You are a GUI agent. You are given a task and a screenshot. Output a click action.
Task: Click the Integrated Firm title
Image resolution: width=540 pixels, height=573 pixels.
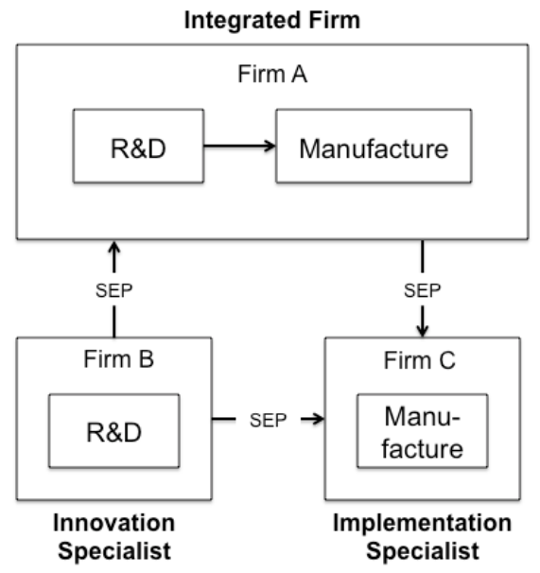coord(272,20)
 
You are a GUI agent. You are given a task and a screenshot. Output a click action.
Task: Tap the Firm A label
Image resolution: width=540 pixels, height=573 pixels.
coord(272,74)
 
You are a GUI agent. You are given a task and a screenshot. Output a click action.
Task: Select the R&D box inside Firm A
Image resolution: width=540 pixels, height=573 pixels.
coord(139,146)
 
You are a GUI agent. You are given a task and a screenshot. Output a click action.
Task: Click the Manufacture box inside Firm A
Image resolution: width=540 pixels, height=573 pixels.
coord(374,146)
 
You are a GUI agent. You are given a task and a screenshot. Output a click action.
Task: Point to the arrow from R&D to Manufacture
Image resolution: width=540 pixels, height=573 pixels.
coord(239,146)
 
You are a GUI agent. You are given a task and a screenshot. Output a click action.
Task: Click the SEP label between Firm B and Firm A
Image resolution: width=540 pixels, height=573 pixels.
coord(114,291)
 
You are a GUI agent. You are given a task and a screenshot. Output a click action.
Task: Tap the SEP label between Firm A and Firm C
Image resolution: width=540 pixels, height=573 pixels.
coord(423,291)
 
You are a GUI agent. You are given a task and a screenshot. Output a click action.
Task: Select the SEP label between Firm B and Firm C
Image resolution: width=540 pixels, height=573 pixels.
coord(268,420)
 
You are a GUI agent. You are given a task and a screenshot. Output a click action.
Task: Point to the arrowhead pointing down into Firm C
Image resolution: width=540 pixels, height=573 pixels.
coord(423,330)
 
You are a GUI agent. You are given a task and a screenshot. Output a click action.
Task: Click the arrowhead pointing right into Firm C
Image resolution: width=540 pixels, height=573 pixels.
coord(318,419)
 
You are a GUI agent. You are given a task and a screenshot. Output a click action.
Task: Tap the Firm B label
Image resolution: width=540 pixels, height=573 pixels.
coord(119,359)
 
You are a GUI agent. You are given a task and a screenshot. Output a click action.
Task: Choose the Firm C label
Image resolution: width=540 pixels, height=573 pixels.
coord(420,360)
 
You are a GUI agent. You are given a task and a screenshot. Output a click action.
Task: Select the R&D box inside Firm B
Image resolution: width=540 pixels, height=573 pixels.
coord(114,431)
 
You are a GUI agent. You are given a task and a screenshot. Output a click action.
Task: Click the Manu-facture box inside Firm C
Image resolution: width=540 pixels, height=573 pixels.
coord(423,431)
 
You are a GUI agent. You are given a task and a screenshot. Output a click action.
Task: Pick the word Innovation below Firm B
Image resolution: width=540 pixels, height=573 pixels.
coord(114,523)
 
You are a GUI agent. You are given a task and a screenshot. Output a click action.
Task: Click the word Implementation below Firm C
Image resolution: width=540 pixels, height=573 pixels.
coord(423,523)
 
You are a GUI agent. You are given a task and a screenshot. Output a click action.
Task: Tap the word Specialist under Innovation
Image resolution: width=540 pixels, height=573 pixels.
coord(114,551)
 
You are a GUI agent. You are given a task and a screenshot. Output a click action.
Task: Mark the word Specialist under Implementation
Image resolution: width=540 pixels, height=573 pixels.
coord(423,551)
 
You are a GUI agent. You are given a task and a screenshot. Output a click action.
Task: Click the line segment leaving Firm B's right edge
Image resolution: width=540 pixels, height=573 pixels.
coord(224,419)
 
